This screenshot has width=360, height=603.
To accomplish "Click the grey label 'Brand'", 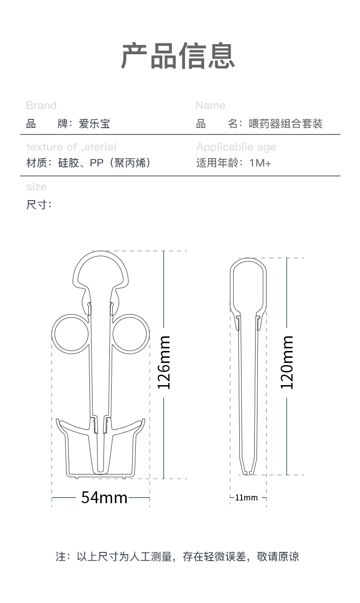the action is (41, 105).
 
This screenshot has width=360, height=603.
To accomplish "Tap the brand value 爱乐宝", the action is (94, 124).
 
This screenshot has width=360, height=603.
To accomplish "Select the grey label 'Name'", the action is (210, 105).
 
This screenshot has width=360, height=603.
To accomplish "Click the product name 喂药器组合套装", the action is (286, 124).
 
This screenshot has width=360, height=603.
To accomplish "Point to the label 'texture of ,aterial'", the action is (71, 147).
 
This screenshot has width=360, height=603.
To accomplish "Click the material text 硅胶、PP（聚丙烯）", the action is (104, 163).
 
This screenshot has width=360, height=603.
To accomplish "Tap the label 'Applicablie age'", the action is (236, 147).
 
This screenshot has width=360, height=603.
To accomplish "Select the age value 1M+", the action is (260, 163).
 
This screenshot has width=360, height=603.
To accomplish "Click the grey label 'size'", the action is (36, 186).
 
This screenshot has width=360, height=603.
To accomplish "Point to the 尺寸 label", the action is (39, 205).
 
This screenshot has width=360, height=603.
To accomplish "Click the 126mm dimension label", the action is (164, 362).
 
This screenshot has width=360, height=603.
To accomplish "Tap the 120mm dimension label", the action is (287, 362).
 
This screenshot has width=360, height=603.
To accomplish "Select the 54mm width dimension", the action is (104, 497).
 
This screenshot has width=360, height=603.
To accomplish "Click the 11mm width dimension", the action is (246, 497).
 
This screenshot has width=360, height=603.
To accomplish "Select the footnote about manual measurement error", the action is (177, 557).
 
